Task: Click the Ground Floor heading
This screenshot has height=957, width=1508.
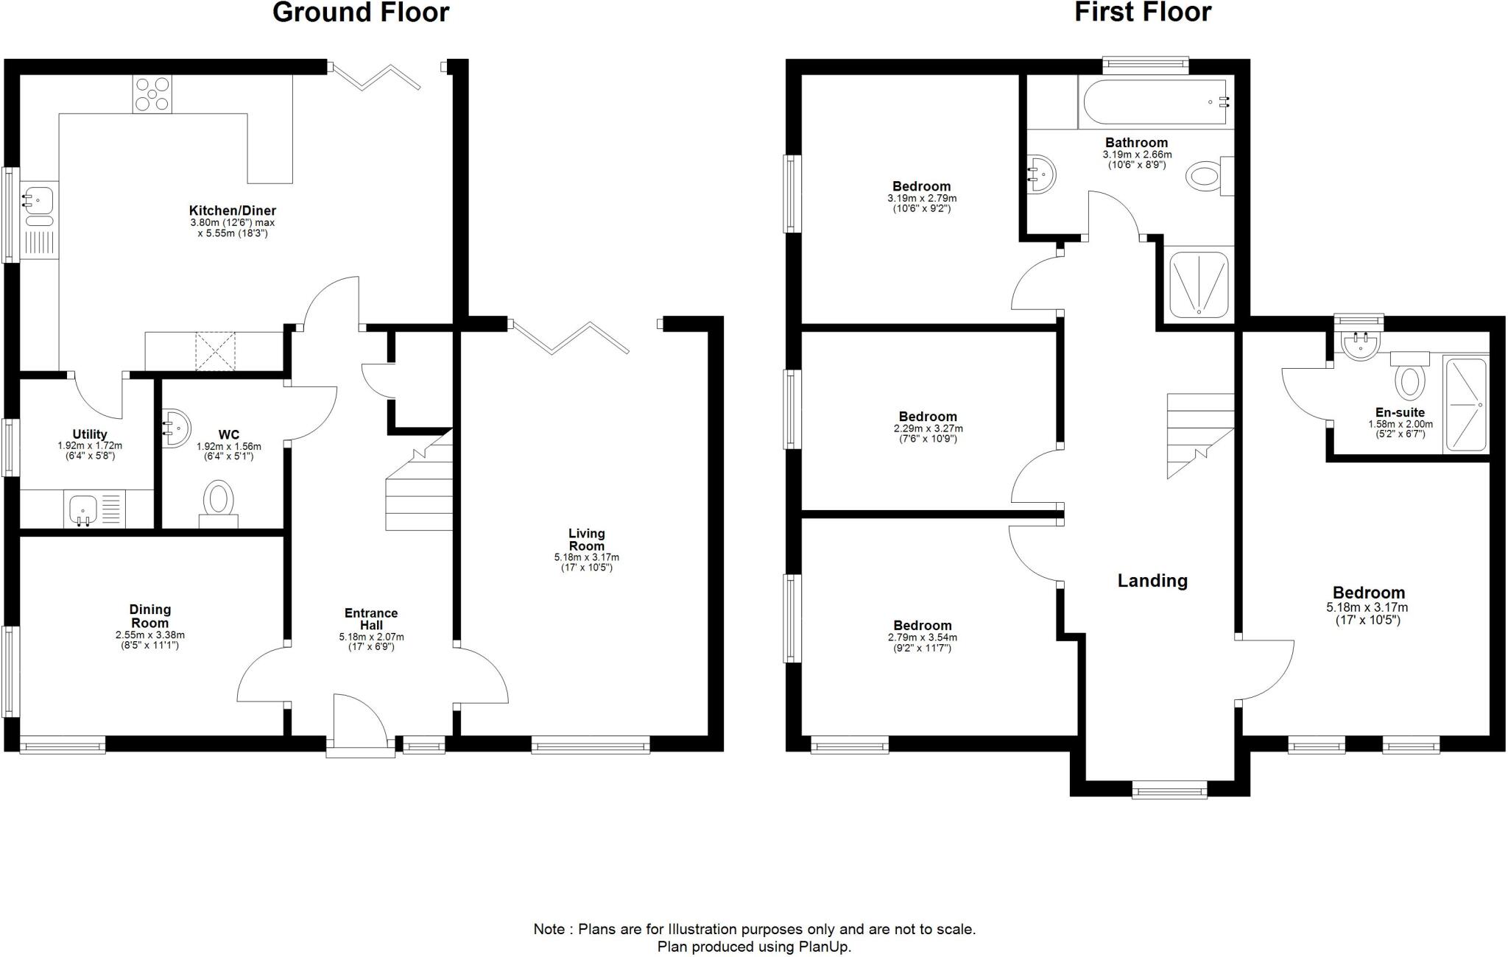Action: [x=361, y=13]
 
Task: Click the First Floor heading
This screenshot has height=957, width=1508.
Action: [x=1143, y=13]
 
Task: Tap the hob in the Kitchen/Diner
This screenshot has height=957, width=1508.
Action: [x=152, y=93]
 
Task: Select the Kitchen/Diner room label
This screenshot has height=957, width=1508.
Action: [x=232, y=211]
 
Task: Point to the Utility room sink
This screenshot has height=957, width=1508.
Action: [x=83, y=509]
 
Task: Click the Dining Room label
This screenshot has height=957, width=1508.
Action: [x=150, y=615]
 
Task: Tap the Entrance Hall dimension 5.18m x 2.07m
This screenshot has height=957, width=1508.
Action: [x=371, y=637]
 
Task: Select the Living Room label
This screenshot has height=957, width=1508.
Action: [x=587, y=539]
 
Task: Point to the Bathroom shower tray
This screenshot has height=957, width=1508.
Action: [x=1199, y=285]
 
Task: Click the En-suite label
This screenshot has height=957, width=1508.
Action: [x=1400, y=413]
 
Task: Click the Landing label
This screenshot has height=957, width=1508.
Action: [x=1152, y=581]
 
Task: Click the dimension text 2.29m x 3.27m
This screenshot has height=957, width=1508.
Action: [x=928, y=428]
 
